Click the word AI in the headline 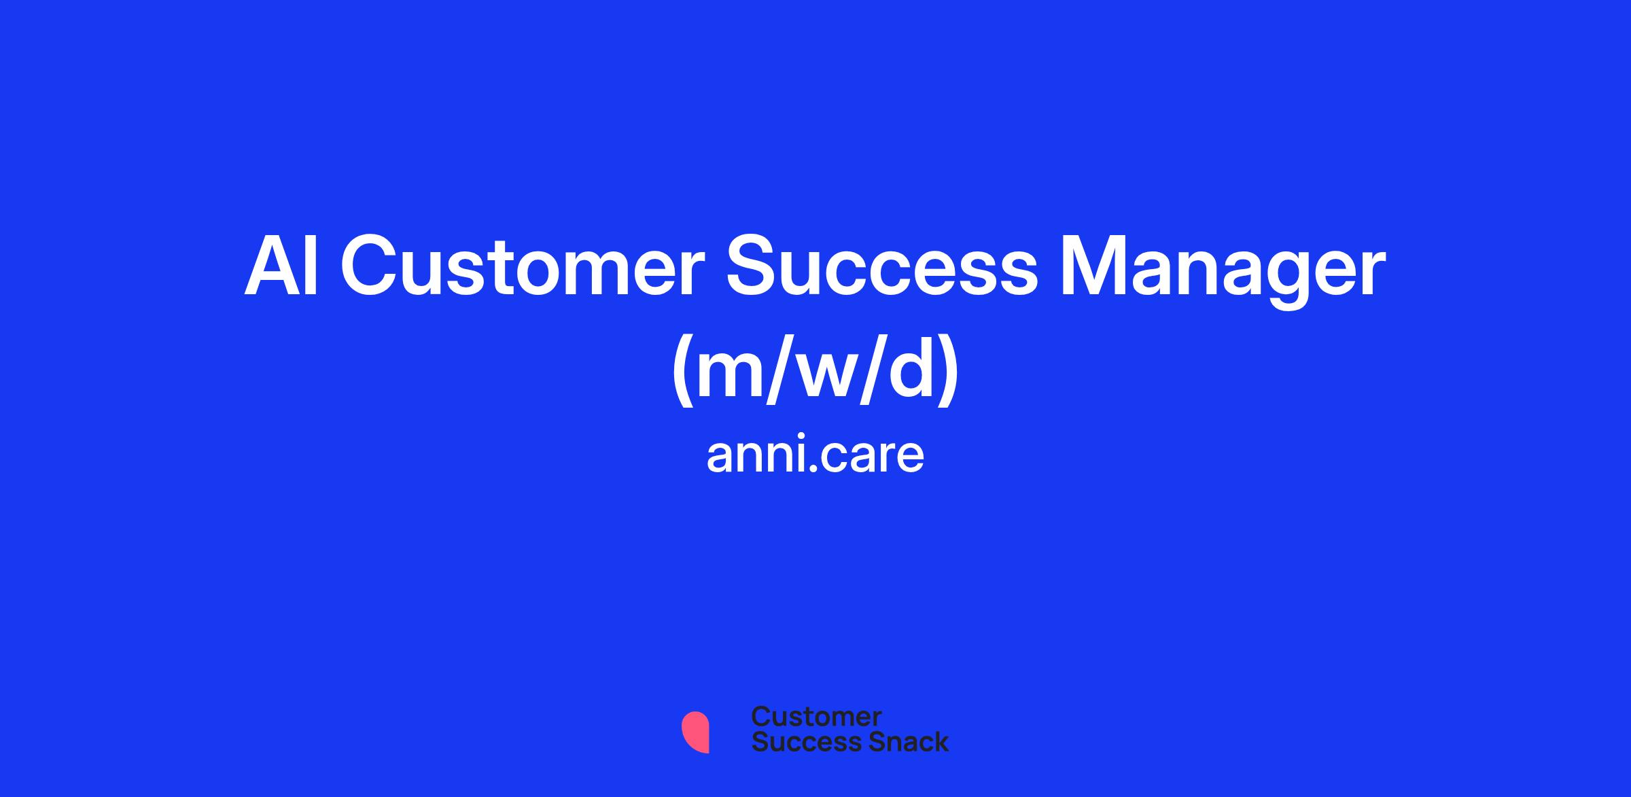tap(282, 266)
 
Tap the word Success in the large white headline tap(882, 266)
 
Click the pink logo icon tap(695, 732)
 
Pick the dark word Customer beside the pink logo tap(816, 716)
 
